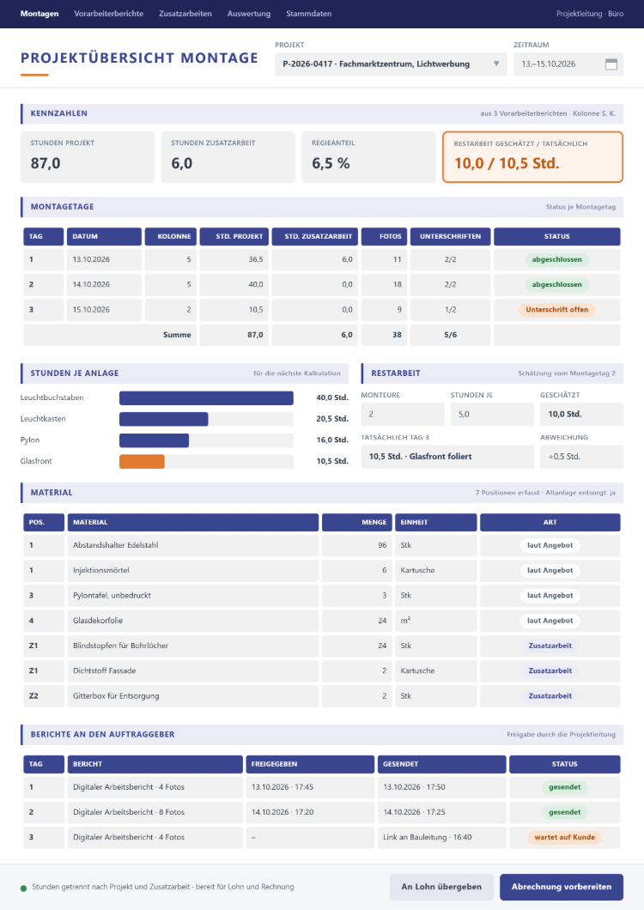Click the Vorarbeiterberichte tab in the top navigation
108,14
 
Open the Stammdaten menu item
309,14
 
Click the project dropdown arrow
496,64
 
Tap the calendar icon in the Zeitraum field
611,64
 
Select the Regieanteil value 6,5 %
331,164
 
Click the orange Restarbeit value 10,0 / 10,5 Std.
507,164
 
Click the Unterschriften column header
451,236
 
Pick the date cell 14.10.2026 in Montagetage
104,284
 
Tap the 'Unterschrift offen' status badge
557,310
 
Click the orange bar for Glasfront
143,461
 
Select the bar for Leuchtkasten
164,419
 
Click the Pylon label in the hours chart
30,440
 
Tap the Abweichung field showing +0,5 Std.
582,457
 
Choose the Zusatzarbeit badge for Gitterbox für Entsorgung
550,696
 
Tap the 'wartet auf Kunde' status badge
564,837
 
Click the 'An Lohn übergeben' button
441,887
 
